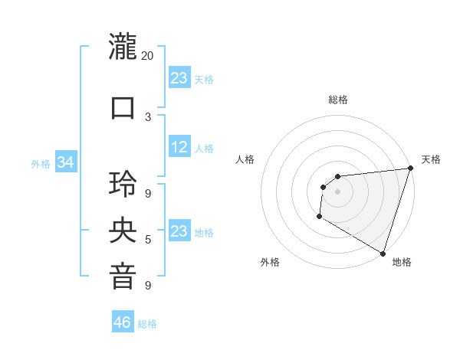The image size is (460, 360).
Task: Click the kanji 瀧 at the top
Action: (x=123, y=48)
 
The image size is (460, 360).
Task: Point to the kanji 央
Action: (x=123, y=231)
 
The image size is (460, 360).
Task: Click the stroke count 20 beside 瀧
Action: (x=148, y=56)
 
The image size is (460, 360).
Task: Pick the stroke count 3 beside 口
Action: (x=148, y=116)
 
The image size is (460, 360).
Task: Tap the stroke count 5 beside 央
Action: (x=148, y=240)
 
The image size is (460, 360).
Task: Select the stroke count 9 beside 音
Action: (x=148, y=286)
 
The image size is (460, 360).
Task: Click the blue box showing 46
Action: (x=123, y=322)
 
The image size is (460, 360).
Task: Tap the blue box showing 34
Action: (x=66, y=162)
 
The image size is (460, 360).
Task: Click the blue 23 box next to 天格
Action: (x=179, y=78)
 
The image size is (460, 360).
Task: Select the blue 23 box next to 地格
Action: (x=179, y=231)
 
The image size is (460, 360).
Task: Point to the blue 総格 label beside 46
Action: (x=147, y=324)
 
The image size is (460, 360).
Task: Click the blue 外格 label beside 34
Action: (x=41, y=163)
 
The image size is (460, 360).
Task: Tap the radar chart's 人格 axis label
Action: (x=245, y=159)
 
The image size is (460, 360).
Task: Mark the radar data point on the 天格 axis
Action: (x=410, y=169)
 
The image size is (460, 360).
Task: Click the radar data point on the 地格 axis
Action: (x=383, y=253)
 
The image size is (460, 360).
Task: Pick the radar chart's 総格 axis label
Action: (x=337, y=100)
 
